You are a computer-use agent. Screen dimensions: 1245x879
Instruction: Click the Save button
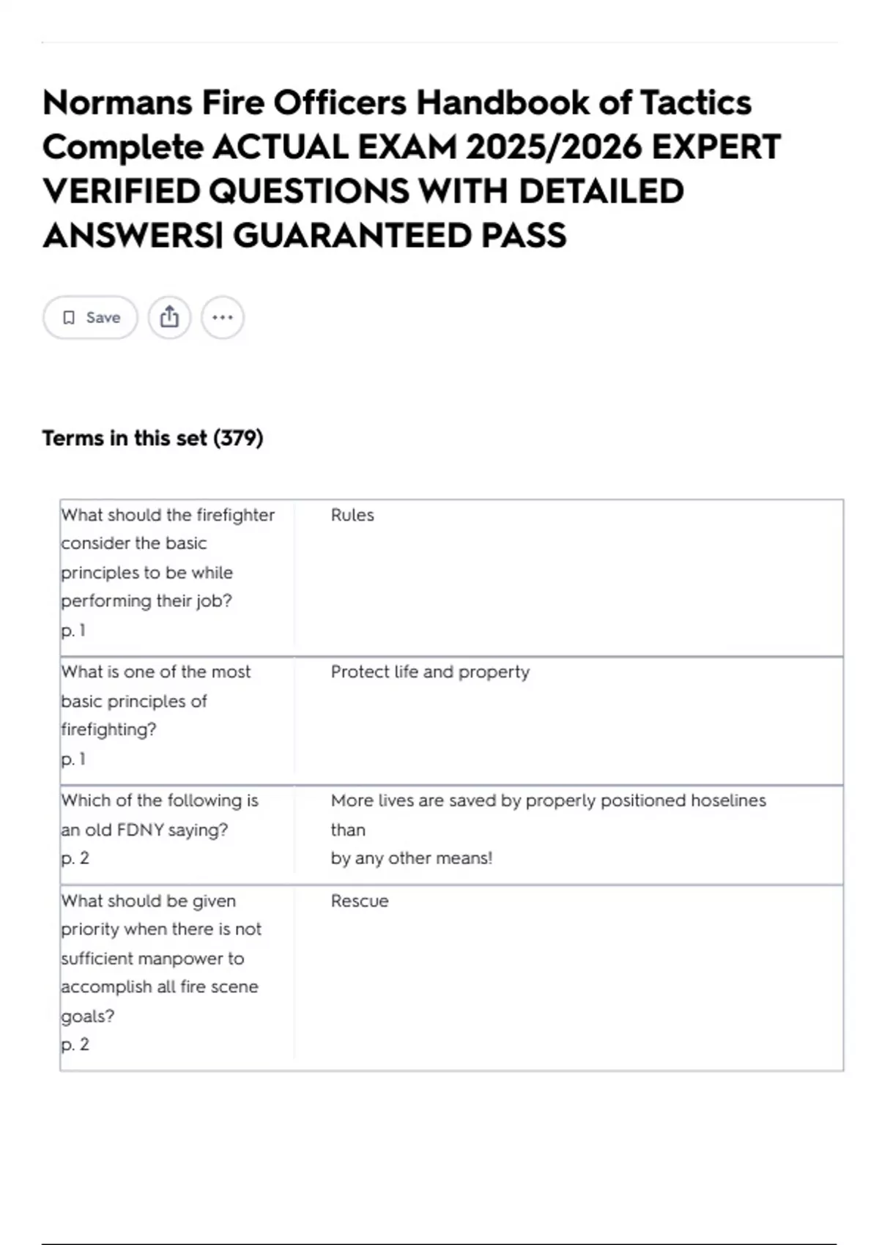(x=90, y=317)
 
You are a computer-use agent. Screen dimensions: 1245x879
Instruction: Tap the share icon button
(x=169, y=317)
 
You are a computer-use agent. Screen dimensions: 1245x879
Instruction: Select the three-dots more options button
(x=223, y=317)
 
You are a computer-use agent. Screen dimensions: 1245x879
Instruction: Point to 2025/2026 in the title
(x=553, y=147)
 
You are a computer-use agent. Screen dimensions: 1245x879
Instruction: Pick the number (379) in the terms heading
(x=238, y=438)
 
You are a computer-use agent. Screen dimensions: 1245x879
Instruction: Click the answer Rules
(x=352, y=515)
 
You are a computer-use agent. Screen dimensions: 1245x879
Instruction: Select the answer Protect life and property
(x=430, y=672)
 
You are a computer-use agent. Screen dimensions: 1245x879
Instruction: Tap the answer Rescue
(x=360, y=901)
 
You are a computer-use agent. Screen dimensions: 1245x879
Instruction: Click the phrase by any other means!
(x=411, y=858)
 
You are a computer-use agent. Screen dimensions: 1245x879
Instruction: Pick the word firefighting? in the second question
(x=108, y=729)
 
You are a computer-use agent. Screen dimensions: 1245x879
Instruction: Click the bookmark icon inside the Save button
(x=69, y=317)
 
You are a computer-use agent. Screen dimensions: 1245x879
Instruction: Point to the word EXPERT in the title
(x=716, y=147)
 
